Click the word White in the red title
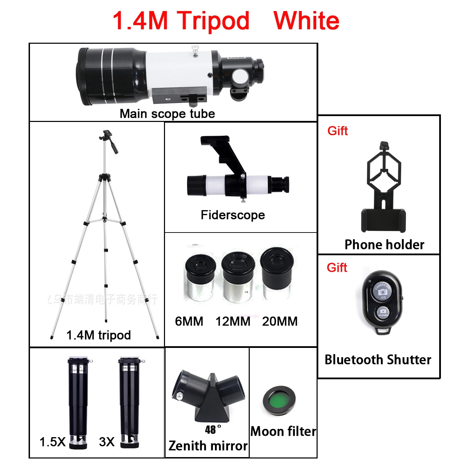306,21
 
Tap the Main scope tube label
167,114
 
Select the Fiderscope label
233,215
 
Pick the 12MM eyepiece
238,277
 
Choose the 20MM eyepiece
277,274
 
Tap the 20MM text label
279,321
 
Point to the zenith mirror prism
209,396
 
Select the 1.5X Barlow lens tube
78,401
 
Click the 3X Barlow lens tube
130,401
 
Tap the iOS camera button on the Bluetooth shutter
382,291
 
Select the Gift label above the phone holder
337,131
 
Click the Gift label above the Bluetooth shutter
337,268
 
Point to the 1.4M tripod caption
99,335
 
